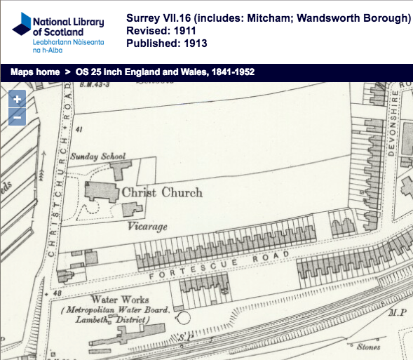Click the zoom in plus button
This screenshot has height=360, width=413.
17,100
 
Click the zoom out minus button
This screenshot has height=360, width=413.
17,116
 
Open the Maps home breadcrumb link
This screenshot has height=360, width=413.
34,72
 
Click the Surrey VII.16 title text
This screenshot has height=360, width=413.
269,18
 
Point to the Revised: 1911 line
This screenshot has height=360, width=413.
161,31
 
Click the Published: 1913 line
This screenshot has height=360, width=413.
165,44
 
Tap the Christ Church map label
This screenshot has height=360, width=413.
162,192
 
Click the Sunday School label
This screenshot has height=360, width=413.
97,156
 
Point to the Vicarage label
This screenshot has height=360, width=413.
149,227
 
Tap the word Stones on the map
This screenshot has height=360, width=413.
368,346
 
